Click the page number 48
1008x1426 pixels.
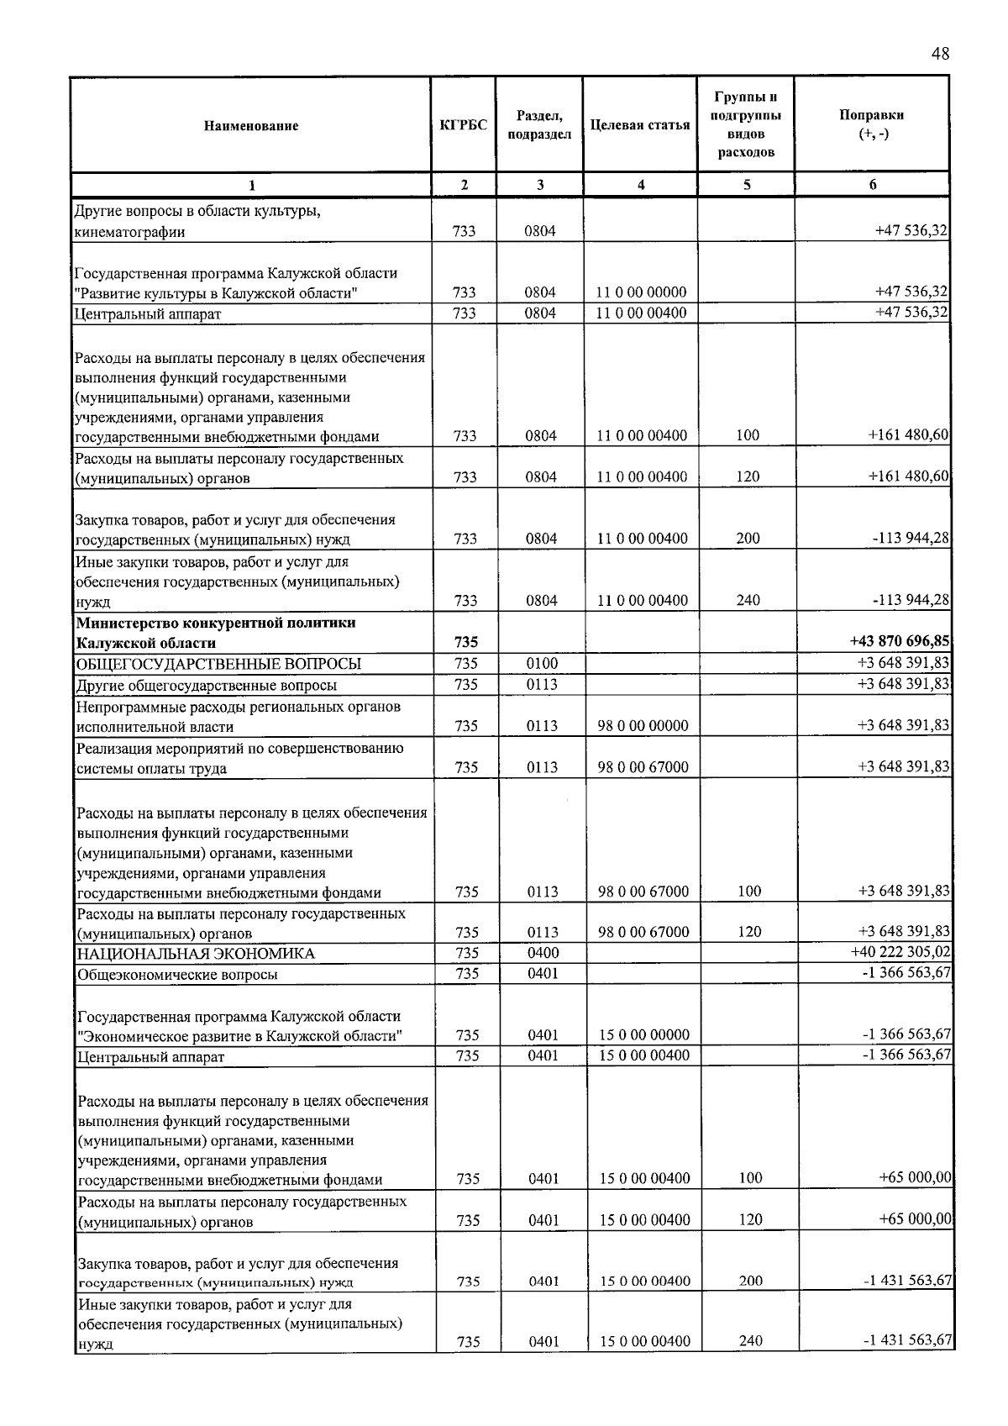click(x=940, y=54)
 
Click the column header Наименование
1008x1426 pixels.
click(x=250, y=126)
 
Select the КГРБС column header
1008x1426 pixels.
click(x=464, y=125)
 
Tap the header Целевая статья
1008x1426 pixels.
click(x=640, y=125)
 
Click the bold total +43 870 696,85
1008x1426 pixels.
click(x=900, y=642)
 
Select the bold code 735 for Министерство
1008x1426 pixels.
click(x=466, y=643)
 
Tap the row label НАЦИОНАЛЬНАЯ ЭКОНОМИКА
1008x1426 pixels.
click(x=196, y=954)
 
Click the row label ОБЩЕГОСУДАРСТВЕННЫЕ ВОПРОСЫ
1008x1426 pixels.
click(x=219, y=664)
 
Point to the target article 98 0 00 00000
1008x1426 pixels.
click(x=643, y=726)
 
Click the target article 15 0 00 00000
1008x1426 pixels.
click(x=644, y=1035)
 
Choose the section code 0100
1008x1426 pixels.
click(x=542, y=664)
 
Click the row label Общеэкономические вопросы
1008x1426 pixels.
click(x=177, y=975)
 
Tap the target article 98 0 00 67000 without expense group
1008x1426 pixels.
click(x=643, y=767)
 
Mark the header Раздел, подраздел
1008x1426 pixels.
click(x=539, y=125)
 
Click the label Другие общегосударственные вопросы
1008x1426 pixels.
click(x=207, y=686)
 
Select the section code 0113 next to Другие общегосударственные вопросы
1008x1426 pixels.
click(x=542, y=685)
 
